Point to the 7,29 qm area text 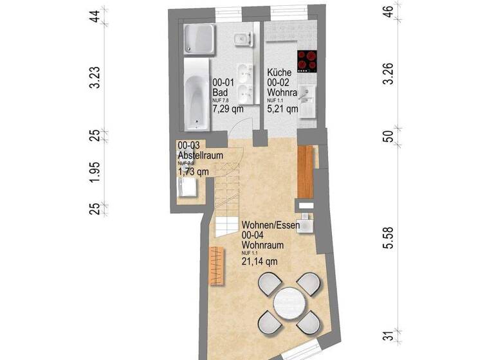(228, 109)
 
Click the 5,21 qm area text (282, 109)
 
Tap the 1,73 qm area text (193, 171)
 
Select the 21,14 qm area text (259, 261)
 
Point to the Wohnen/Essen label (270, 226)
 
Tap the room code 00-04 (254, 236)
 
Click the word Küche (280, 73)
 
